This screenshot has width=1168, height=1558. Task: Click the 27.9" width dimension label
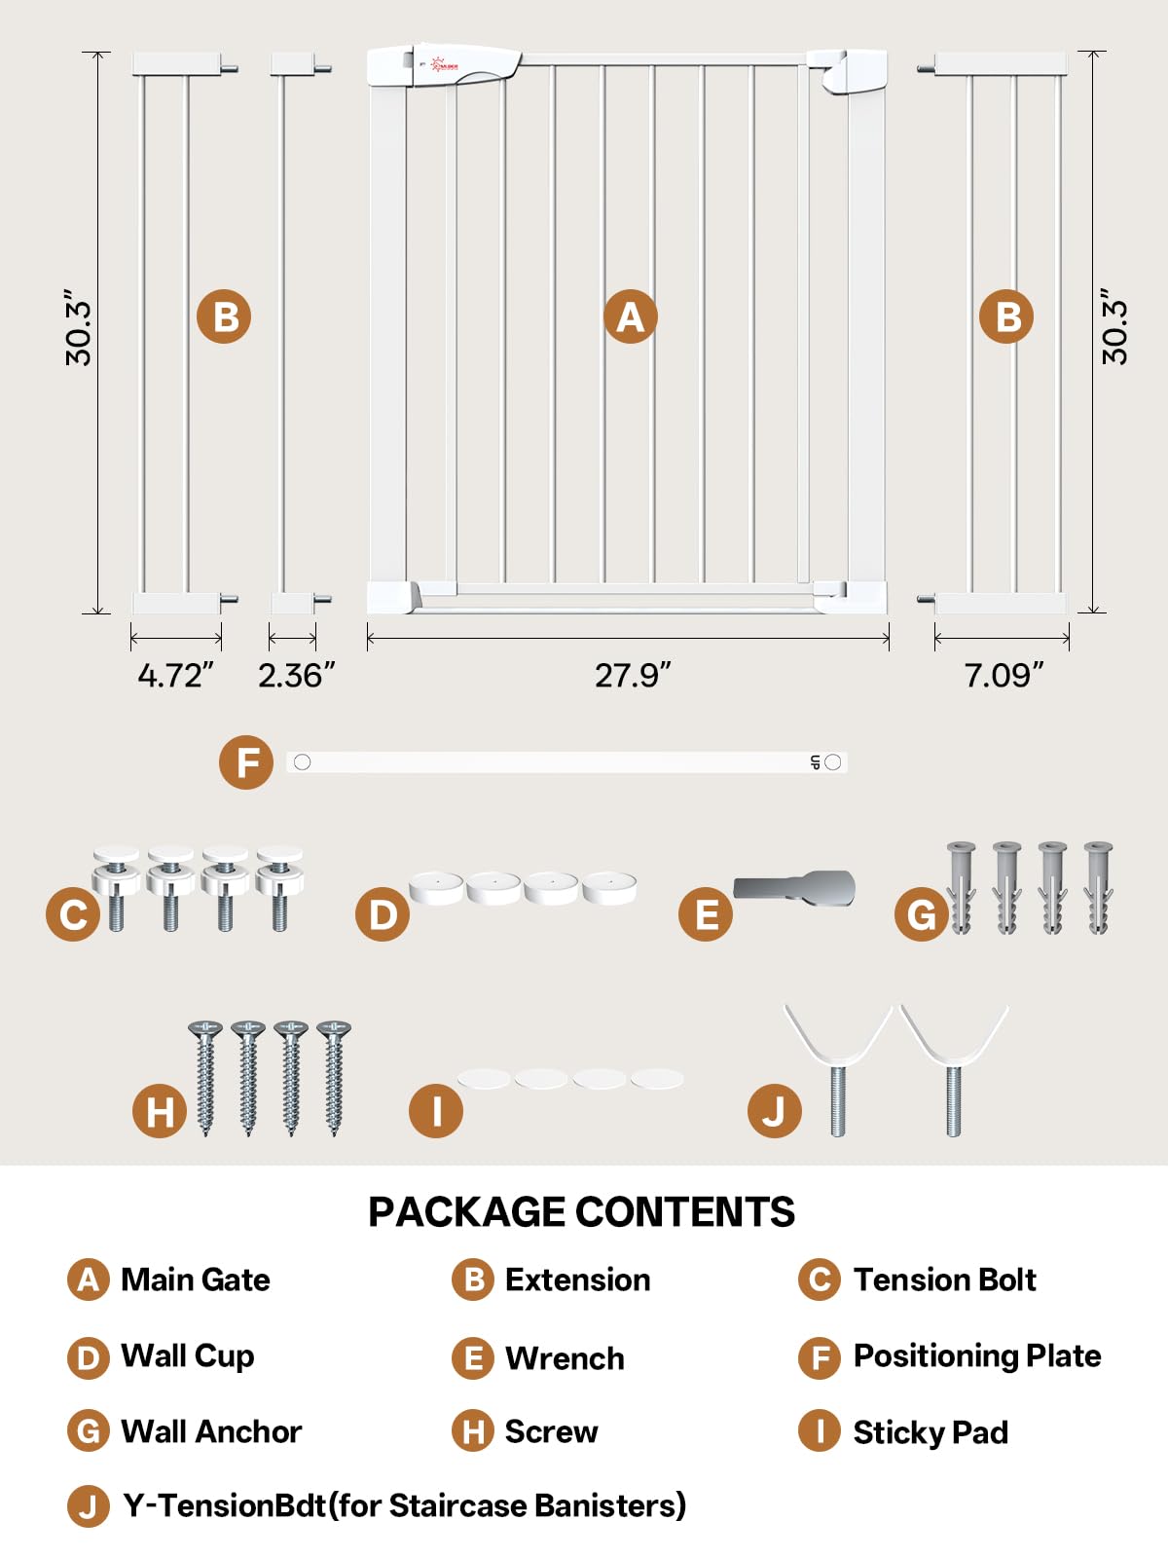pyautogui.click(x=632, y=674)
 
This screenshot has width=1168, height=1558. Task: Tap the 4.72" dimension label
pyautogui.click(x=175, y=674)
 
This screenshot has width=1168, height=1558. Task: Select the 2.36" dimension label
pyautogui.click(x=296, y=674)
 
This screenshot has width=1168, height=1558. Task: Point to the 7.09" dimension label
pyautogui.click(x=1004, y=674)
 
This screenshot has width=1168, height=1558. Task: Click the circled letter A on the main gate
pyautogui.click(x=631, y=316)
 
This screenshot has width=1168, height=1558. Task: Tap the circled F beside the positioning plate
pyautogui.click(x=246, y=763)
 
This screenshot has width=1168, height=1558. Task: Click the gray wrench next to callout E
pyautogui.click(x=794, y=888)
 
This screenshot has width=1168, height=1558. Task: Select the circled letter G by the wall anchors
pyautogui.click(x=921, y=914)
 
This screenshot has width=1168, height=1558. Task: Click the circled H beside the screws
pyautogui.click(x=160, y=1112)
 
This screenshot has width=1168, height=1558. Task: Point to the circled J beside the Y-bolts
pyautogui.click(x=775, y=1112)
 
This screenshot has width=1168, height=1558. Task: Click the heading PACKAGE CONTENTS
pyautogui.click(x=581, y=1211)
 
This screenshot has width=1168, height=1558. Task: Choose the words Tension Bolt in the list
pyautogui.click(x=944, y=1280)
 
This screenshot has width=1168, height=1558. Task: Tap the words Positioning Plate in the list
pyautogui.click(x=977, y=1355)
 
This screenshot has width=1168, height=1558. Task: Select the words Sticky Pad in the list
pyautogui.click(x=931, y=1432)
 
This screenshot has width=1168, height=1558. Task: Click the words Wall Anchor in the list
pyautogui.click(x=211, y=1431)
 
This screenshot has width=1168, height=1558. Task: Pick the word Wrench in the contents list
pyautogui.click(x=565, y=1358)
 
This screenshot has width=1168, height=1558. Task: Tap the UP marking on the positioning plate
pyautogui.click(x=815, y=763)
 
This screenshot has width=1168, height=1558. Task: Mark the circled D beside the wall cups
pyautogui.click(x=383, y=914)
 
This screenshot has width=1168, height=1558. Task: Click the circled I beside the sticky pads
pyautogui.click(x=436, y=1112)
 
